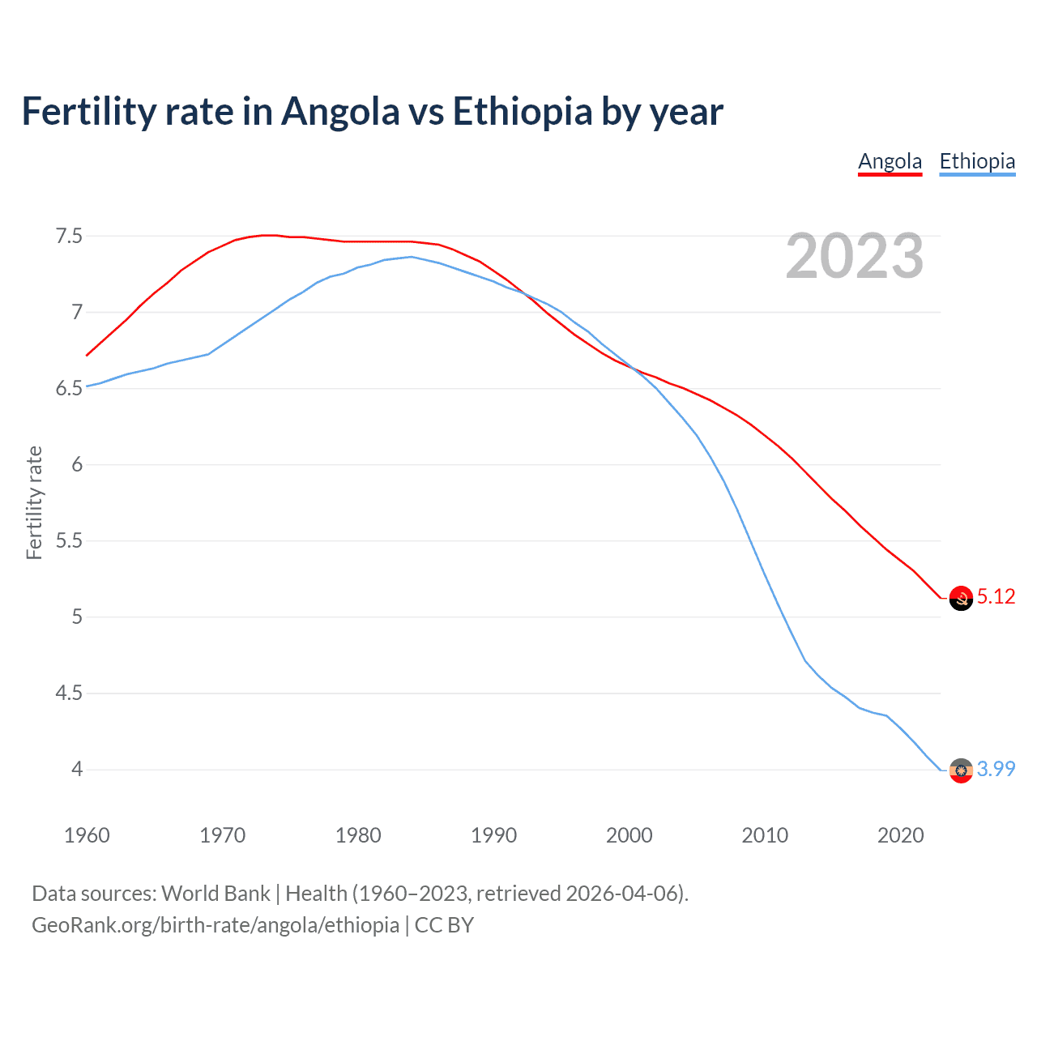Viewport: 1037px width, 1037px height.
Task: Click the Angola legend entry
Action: (x=890, y=161)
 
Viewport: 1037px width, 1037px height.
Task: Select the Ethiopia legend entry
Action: (x=977, y=161)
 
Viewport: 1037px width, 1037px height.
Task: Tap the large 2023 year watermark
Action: (x=854, y=256)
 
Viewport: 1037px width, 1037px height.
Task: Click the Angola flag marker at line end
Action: (x=960, y=598)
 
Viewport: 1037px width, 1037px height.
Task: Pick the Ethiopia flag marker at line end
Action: (x=960, y=770)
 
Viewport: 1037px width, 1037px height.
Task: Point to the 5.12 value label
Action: (x=996, y=597)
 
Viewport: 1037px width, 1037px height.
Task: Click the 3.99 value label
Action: (x=996, y=769)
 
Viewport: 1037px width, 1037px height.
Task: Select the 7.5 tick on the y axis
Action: (x=69, y=237)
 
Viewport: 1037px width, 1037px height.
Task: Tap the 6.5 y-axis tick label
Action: (x=69, y=389)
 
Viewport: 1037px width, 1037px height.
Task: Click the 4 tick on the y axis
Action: (x=77, y=769)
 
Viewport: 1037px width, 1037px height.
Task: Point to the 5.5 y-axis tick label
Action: (x=69, y=540)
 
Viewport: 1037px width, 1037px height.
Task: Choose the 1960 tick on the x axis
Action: (x=87, y=835)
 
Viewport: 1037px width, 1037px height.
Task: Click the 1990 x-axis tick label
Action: (x=493, y=835)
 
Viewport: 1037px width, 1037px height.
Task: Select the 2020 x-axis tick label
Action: (x=900, y=835)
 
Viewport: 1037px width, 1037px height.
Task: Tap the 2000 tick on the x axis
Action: (x=629, y=835)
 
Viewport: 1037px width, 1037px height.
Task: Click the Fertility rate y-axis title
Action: (x=34, y=502)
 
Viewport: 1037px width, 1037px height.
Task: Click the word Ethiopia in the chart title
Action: (x=523, y=111)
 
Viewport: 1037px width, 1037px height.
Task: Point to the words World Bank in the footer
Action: (x=216, y=894)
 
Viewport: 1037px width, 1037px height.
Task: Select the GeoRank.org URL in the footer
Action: (x=215, y=925)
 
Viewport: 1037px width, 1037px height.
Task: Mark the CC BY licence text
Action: (x=444, y=925)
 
